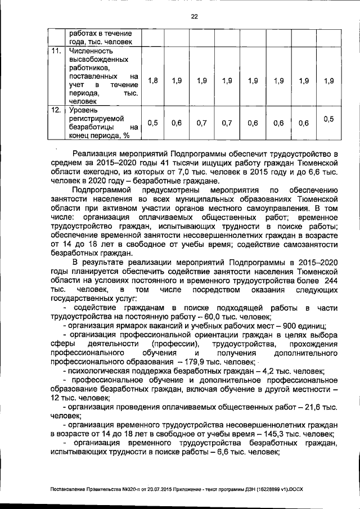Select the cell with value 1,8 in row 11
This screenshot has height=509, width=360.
pos(152,81)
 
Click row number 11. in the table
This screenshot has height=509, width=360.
pos(55,51)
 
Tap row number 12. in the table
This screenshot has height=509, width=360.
pos(55,110)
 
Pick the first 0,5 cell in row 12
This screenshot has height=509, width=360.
pos(152,123)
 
